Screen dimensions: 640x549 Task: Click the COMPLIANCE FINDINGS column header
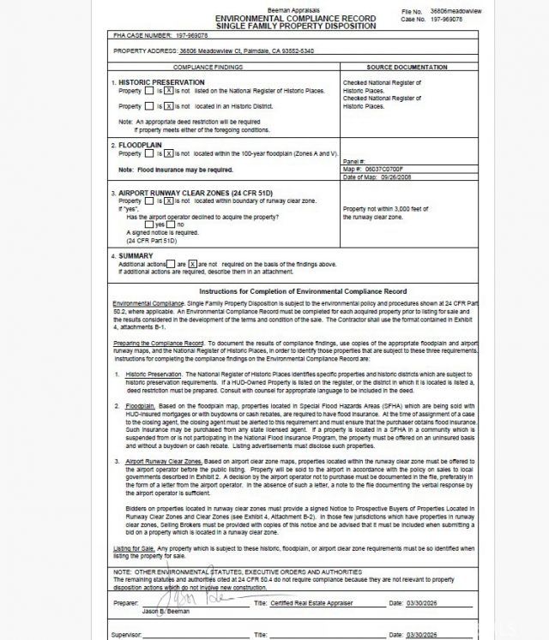pyautogui.click(x=208, y=67)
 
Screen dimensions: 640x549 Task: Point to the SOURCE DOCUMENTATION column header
pyautogui.click(x=406, y=67)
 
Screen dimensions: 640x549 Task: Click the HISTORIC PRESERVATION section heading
pyautogui.click(x=161, y=82)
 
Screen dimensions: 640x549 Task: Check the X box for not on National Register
pyautogui.click(x=169, y=91)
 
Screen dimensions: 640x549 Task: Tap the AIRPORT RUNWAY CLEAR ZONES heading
pyautogui.click(x=184, y=193)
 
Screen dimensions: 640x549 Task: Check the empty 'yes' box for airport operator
pyautogui.click(x=150, y=224)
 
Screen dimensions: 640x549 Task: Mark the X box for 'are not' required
pyautogui.click(x=192, y=264)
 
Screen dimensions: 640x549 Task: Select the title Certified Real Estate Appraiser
pyautogui.click(x=312, y=604)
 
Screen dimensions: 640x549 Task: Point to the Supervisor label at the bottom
pyautogui.click(x=125, y=634)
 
